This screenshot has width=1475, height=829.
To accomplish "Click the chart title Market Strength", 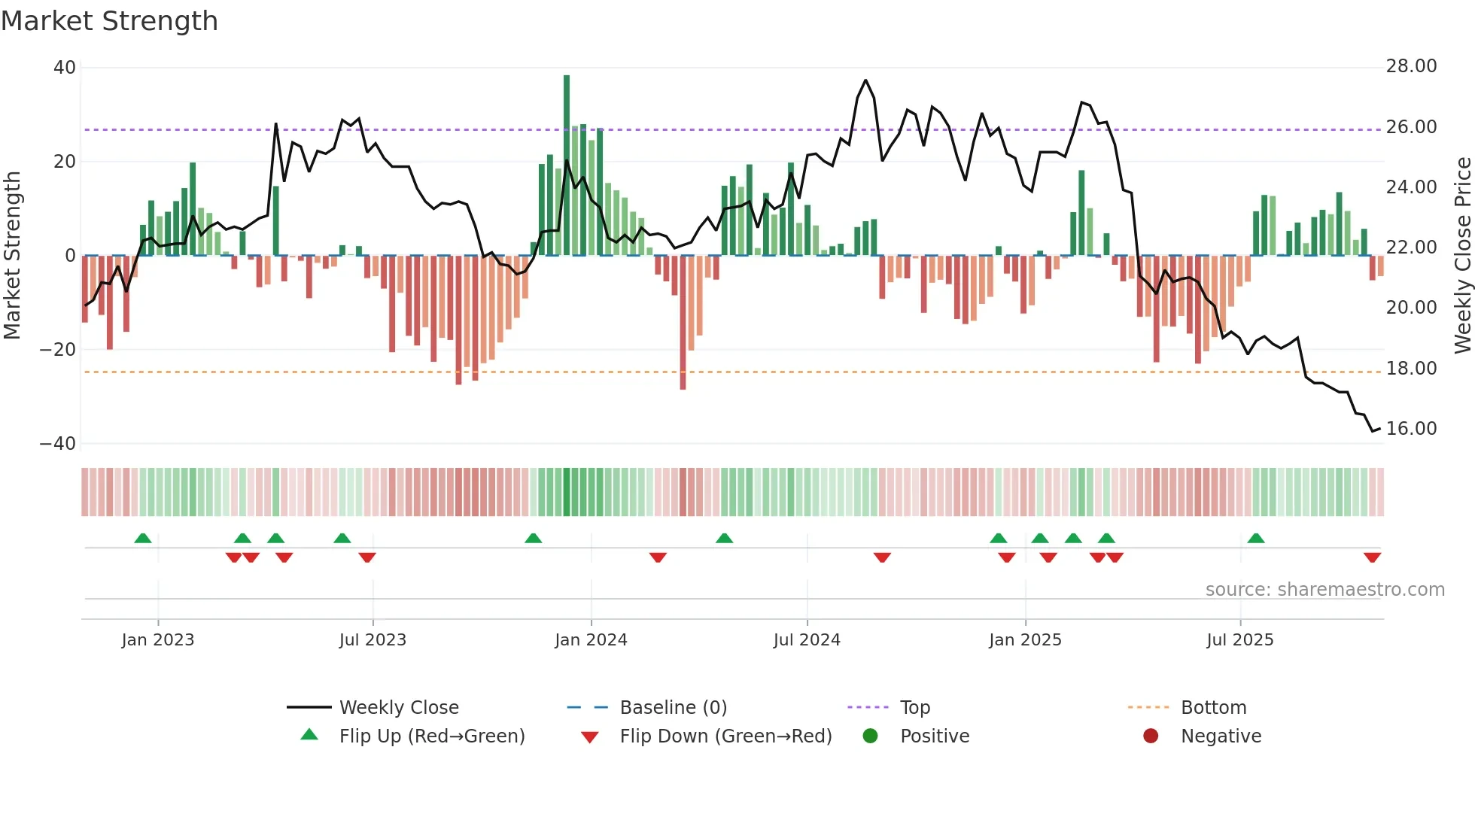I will point(109,21).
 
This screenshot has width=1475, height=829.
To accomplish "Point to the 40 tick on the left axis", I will point(65,68).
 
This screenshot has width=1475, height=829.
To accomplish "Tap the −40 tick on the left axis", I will point(58,444).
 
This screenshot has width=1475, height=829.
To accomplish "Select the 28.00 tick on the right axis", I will point(1411,66).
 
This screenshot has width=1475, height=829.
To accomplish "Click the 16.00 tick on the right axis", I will point(1411,429).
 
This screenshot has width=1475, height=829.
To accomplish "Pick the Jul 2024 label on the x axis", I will point(807,640).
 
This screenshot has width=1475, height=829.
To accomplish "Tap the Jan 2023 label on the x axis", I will point(158,640).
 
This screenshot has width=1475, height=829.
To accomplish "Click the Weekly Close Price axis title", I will point(1462,256).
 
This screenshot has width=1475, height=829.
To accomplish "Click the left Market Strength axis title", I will point(13,256).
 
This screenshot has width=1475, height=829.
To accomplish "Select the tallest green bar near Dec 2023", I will point(567,165).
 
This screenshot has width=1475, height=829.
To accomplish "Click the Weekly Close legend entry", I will point(398,708).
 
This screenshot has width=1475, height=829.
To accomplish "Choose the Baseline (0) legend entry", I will point(673,708).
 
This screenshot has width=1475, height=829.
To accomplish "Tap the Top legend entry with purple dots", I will point(914,708).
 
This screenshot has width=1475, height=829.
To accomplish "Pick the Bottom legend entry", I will point(1213,708).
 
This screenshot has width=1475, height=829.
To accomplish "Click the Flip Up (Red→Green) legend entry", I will point(431,736).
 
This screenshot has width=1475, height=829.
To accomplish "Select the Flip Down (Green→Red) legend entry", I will point(725,736).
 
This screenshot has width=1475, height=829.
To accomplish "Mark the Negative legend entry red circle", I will point(1151,736).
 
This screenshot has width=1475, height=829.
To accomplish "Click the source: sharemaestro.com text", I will point(1324,590).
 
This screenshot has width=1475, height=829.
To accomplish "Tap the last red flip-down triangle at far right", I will point(1372,557).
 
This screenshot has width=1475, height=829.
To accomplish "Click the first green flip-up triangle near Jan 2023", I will point(143,538).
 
